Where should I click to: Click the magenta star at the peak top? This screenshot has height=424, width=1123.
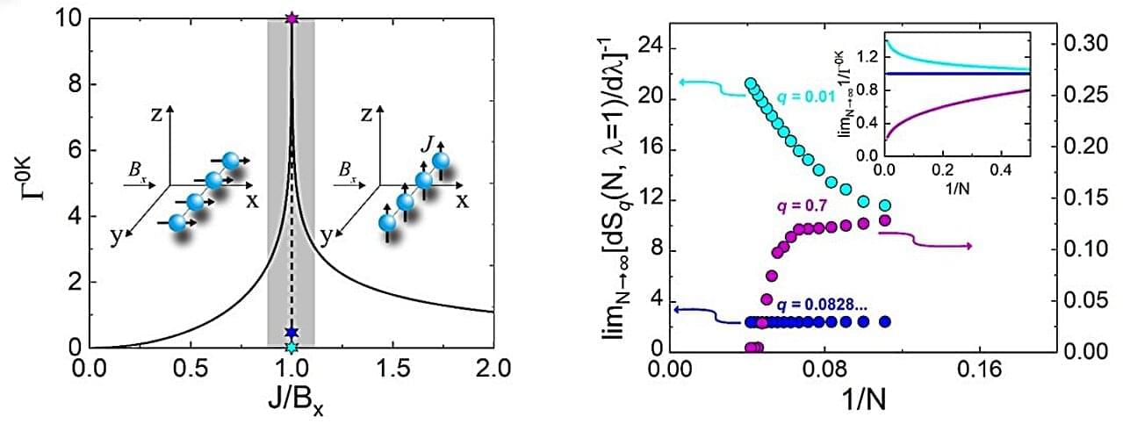click(x=292, y=18)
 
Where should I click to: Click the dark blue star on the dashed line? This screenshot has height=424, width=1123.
click(x=292, y=333)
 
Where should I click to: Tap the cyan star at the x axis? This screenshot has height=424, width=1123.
click(x=292, y=349)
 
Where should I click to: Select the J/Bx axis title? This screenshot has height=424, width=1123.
click(x=291, y=399)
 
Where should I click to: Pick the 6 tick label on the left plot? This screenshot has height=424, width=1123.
click(x=72, y=151)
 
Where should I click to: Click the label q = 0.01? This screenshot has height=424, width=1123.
click(x=803, y=95)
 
